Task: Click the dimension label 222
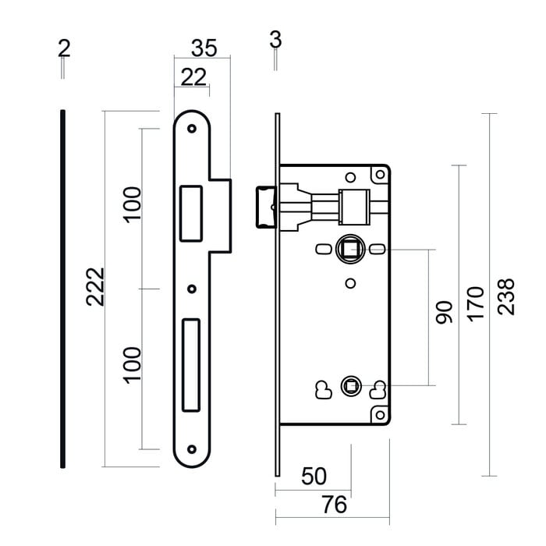pyautogui.click(x=95, y=286)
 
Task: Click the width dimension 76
pyautogui.click(x=334, y=505)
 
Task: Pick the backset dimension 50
pyautogui.click(x=314, y=476)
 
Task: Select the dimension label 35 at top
pyautogui.click(x=204, y=48)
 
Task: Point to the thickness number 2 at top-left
pyautogui.click(x=64, y=48)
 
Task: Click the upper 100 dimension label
pyautogui.click(x=133, y=204)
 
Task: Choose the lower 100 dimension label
pyautogui.click(x=133, y=364)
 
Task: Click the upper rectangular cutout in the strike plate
pyautogui.click(x=190, y=211)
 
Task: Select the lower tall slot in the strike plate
pyautogui.click(x=190, y=364)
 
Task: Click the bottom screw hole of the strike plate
pyautogui.click(x=192, y=449)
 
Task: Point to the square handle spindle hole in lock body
pyautogui.click(x=350, y=250)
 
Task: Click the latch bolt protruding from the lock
pyautogui.click(x=264, y=208)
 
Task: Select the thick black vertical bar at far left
pyautogui.click(x=62, y=289)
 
